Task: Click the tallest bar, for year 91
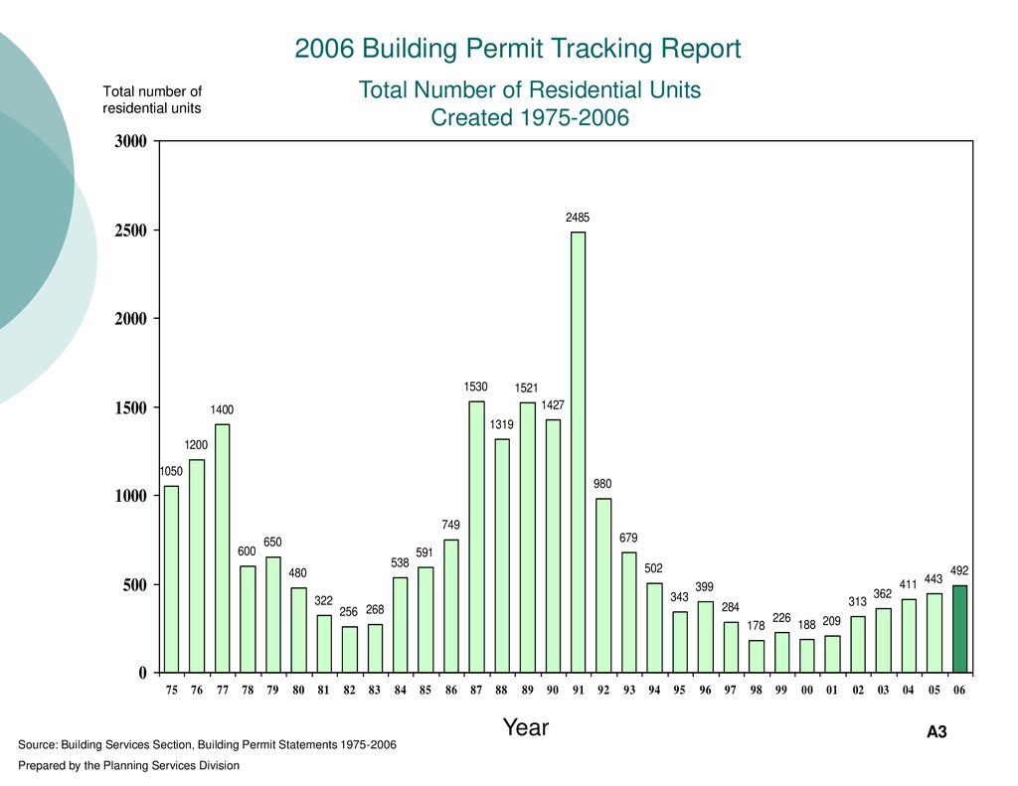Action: coord(578,452)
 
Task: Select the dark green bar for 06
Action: coord(959,629)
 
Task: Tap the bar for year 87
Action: coord(476,537)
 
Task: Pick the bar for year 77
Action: coord(222,549)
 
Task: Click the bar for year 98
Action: coord(757,657)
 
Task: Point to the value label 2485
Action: coord(578,218)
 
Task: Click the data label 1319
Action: coord(502,424)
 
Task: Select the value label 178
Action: coord(757,626)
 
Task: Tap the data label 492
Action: coord(959,570)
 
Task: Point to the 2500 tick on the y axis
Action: coord(130,231)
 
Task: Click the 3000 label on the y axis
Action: coord(130,141)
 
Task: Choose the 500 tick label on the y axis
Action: coord(134,585)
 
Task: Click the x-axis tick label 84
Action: coord(400,690)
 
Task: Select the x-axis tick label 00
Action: coord(807,690)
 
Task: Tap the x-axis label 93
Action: coord(629,690)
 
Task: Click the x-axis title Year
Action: coord(526,727)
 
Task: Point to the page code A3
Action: coord(936,732)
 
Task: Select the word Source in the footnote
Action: coord(38,744)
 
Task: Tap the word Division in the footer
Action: coord(219,766)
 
